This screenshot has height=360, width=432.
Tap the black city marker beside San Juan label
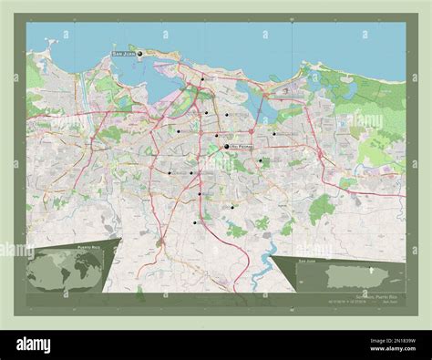140,54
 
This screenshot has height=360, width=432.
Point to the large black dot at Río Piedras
226,146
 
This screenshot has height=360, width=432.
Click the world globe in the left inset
65,270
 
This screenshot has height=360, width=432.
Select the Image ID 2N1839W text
382,339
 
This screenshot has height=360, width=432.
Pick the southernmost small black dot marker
195,221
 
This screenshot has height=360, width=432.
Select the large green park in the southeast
321,209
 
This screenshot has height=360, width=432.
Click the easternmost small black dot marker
274,133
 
